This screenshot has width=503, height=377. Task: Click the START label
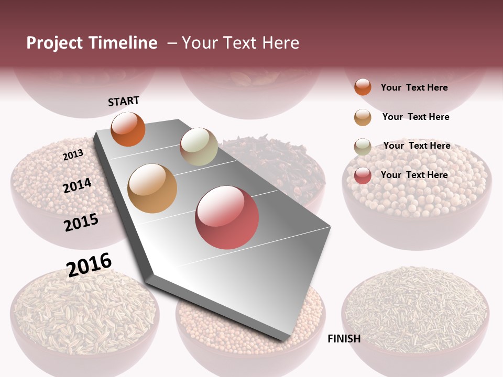124,101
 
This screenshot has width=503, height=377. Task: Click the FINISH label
344,339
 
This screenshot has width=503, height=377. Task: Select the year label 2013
73,154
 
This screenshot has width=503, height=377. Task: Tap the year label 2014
77,185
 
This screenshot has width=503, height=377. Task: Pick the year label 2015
81,223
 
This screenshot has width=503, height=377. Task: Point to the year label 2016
89,265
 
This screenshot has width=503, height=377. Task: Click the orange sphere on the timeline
128,129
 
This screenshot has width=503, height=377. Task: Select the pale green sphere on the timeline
199,147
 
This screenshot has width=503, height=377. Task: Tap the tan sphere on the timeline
152,188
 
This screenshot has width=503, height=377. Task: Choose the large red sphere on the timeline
227,217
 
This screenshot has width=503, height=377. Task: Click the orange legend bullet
363,87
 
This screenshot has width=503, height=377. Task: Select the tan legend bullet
363,117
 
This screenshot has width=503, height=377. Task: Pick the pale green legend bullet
363,146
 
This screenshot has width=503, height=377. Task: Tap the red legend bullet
363,175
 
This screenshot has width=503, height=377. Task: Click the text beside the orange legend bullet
414,87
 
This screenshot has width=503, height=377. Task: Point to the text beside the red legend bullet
414,175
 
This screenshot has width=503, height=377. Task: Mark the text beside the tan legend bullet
415,117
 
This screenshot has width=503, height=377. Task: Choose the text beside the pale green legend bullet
417,146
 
